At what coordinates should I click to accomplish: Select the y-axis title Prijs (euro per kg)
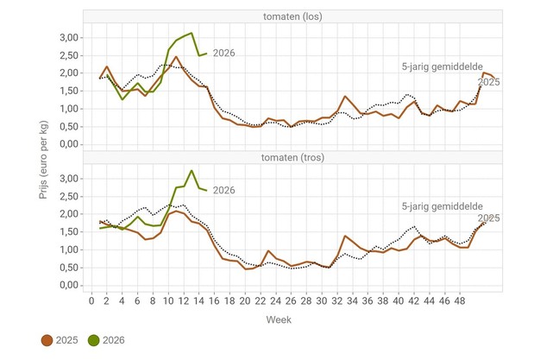click(43, 162)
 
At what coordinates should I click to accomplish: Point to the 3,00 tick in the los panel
click(67, 37)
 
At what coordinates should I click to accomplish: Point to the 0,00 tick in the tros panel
click(67, 286)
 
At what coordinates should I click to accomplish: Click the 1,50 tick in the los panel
click(67, 91)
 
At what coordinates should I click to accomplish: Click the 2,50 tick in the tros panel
click(67, 196)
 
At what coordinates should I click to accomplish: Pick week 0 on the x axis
click(91, 301)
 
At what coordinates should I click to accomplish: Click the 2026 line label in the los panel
click(223, 54)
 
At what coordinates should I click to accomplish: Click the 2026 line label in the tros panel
click(223, 190)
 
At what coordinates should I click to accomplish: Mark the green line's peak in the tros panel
click(192, 170)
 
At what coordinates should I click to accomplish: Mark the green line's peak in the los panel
click(191, 34)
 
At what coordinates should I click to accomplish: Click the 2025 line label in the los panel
click(489, 82)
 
